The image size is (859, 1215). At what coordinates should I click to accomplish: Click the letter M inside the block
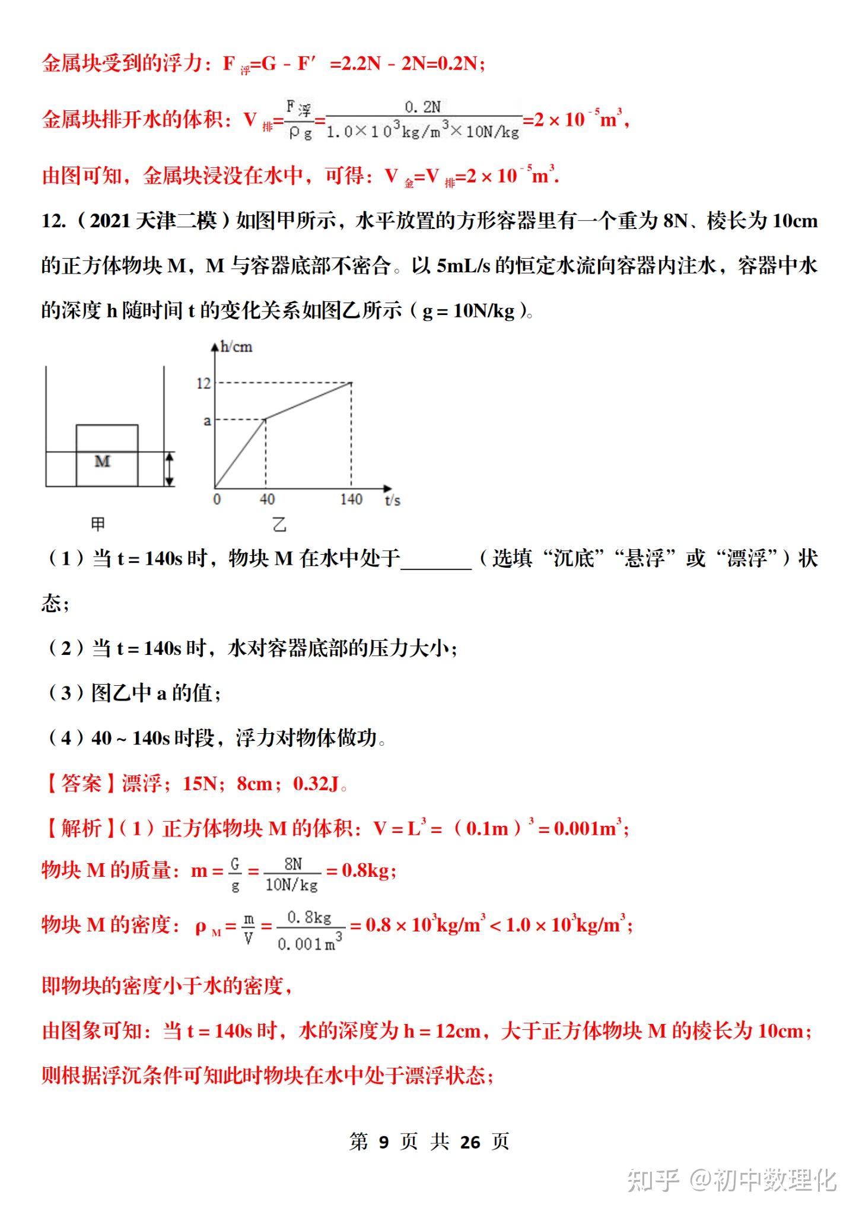pos(103,461)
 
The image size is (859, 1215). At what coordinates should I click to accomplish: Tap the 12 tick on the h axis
pos(203,383)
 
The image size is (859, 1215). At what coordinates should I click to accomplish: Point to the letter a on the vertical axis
pos(207,421)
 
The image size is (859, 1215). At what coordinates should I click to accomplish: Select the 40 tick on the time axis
pos(267,499)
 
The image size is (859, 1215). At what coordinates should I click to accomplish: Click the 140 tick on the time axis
pos(351,499)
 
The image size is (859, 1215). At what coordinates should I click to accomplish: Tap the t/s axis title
pos(392,500)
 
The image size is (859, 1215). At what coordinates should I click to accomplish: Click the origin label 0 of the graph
pos(217,499)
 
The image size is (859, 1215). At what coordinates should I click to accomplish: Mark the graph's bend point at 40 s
pos(265,419)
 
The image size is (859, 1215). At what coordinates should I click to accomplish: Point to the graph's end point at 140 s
pos(351,383)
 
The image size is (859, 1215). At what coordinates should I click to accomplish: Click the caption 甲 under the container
pos(98,523)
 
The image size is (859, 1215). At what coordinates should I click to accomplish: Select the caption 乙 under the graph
pos(279,524)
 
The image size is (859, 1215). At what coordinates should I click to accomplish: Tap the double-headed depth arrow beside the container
pos(170,469)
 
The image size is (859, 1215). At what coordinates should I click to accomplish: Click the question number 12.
pos(53,221)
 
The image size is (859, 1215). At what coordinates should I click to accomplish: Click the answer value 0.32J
pos(316,784)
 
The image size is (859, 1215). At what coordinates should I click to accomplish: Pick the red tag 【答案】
pos(81,784)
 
